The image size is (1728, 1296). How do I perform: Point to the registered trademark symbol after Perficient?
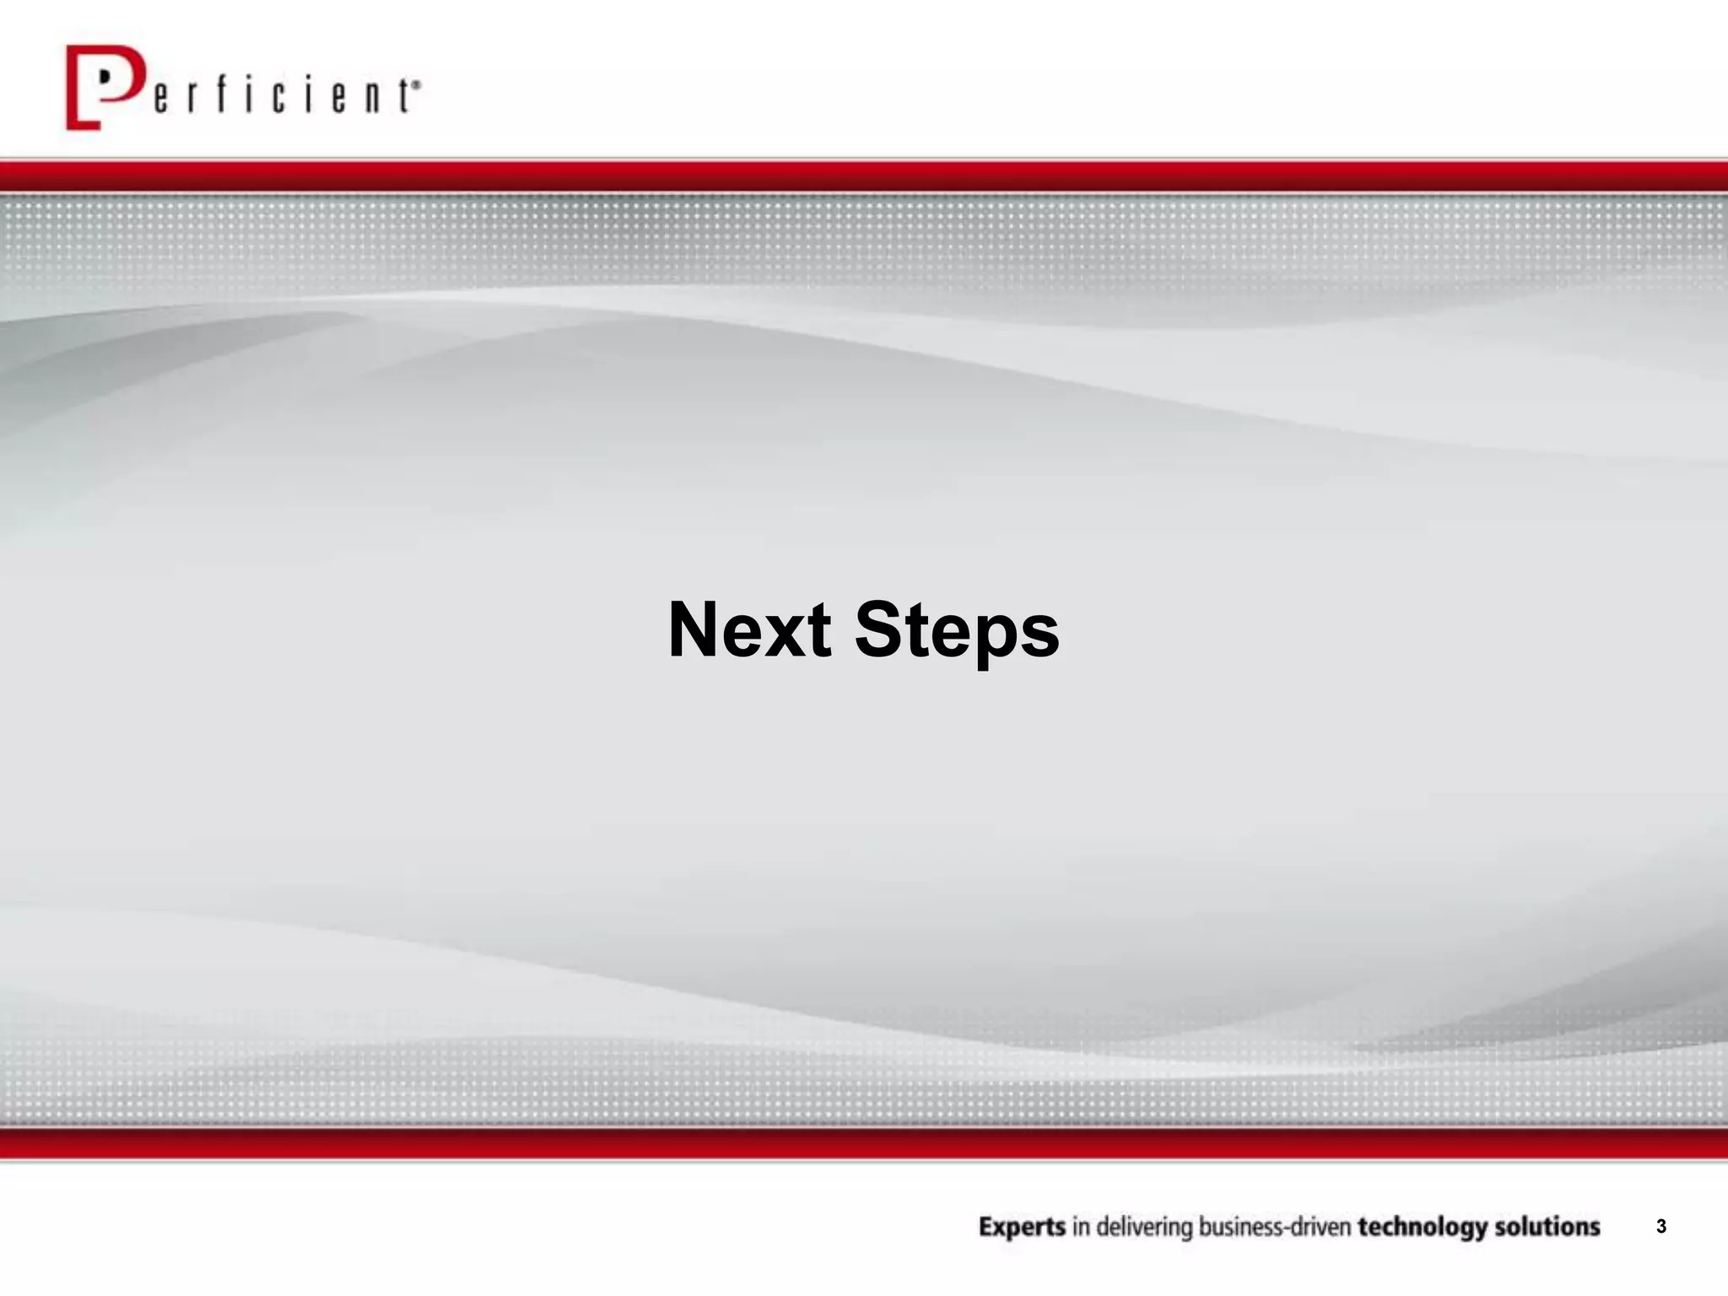pos(416,84)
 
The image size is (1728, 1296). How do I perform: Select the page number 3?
pos(1660,1227)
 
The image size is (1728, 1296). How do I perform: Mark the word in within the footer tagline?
pos(1081,1227)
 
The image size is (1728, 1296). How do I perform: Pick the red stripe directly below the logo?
pos(864,176)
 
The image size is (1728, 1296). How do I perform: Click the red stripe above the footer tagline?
pos(864,1143)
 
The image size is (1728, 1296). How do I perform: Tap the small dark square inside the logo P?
pos(105,75)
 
